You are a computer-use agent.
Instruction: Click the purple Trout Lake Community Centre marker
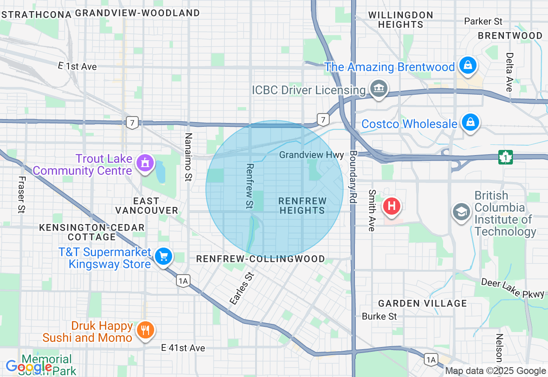(x=145, y=163)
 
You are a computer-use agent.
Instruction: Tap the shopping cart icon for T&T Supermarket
(x=163, y=257)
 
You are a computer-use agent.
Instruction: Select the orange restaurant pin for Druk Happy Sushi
(x=145, y=330)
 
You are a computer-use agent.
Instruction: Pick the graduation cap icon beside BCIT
(x=462, y=212)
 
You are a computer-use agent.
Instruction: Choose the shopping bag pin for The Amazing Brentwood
(x=468, y=66)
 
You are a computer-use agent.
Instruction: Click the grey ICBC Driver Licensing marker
(x=379, y=89)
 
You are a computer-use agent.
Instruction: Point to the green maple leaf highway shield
(x=506, y=157)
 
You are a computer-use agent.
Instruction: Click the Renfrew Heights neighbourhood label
(x=302, y=206)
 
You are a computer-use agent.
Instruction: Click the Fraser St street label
(x=21, y=194)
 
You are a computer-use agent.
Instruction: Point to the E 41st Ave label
(x=183, y=348)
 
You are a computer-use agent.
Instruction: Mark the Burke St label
(x=379, y=317)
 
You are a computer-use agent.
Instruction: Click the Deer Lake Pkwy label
(x=512, y=288)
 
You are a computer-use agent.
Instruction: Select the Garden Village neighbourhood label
(x=422, y=303)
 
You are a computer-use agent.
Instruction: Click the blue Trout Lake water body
(x=160, y=172)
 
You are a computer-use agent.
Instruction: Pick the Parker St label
(x=483, y=21)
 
